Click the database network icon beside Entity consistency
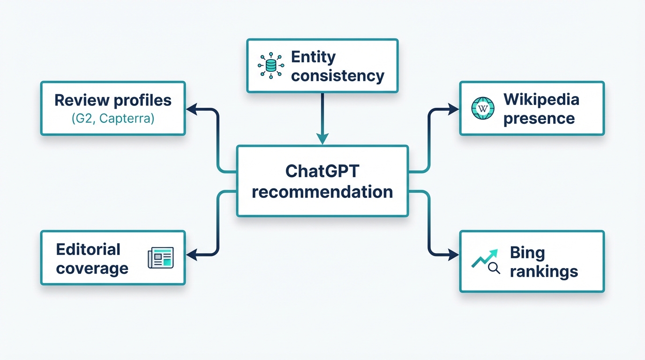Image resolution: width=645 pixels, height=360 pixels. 271,66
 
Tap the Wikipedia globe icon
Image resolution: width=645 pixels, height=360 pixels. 482,108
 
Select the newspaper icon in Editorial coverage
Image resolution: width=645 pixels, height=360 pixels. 161,258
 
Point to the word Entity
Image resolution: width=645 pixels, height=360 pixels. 313,57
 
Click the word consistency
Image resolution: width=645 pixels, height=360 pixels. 337,75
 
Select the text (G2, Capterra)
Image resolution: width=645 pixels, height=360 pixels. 113,119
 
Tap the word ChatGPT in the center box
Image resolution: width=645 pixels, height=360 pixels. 322,171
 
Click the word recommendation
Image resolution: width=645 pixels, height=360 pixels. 322,192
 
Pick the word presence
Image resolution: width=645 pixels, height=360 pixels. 539,118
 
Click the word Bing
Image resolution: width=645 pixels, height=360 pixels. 527,253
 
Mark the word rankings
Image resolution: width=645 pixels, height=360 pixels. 544,271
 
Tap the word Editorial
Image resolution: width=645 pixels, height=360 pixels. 88,249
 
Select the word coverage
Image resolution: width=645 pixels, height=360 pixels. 92,269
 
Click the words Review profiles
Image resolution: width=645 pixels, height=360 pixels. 113,100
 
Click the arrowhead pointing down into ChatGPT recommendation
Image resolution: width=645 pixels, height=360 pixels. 322,139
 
